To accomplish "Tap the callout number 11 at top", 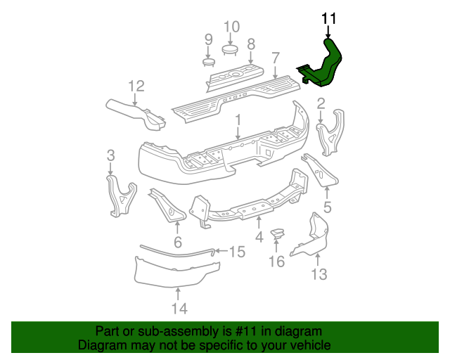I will tap(328, 19).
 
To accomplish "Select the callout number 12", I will tap(136, 86).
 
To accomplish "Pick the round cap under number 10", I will tap(231, 49).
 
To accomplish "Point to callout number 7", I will tap(276, 57).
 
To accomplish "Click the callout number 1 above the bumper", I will tap(238, 120).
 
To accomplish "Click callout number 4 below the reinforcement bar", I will tap(259, 237).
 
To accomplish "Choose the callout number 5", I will tap(326, 207).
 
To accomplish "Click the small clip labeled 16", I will tap(278, 233).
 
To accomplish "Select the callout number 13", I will tap(319, 274).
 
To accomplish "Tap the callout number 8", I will tap(250, 43).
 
